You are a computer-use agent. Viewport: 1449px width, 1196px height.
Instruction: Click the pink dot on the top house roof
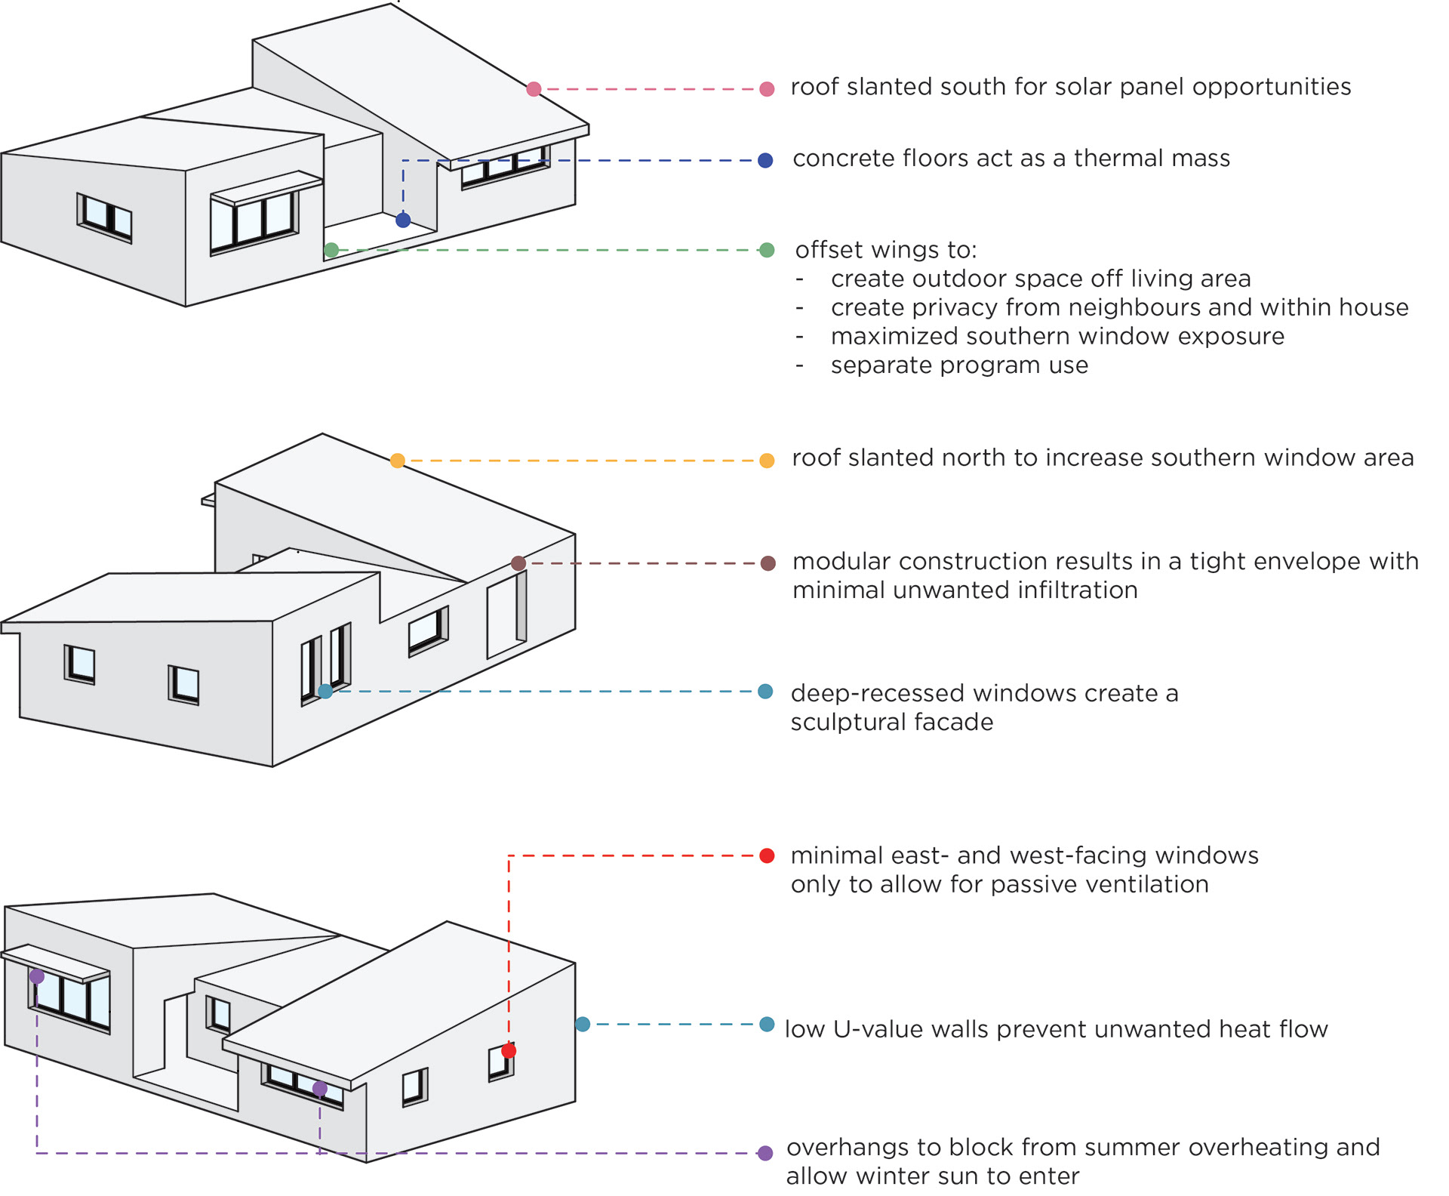click(x=534, y=89)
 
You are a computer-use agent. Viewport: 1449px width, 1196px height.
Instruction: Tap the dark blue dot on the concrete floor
click(x=403, y=220)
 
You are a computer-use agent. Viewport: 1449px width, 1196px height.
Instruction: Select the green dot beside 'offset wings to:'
click(x=767, y=250)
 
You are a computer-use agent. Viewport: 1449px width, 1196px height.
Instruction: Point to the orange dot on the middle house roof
click(x=398, y=461)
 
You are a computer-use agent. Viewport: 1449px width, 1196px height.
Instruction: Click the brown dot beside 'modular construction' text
click(x=768, y=563)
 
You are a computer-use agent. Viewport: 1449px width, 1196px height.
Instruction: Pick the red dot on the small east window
click(x=509, y=1050)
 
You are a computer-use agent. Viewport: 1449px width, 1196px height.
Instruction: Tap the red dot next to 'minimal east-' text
click(x=767, y=855)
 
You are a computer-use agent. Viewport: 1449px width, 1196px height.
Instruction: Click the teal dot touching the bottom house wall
click(x=583, y=1025)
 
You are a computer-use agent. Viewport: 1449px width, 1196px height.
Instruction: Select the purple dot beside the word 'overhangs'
click(x=765, y=1153)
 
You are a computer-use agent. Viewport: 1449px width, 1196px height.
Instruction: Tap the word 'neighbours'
click(x=1169, y=307)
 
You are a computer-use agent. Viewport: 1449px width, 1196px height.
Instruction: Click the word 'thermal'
click(x=1113, y=159)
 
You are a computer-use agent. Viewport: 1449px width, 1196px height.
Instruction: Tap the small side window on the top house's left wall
click(x=105, y=217)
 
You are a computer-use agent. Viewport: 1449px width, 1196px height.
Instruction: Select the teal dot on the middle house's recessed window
click(x=325, y=691)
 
